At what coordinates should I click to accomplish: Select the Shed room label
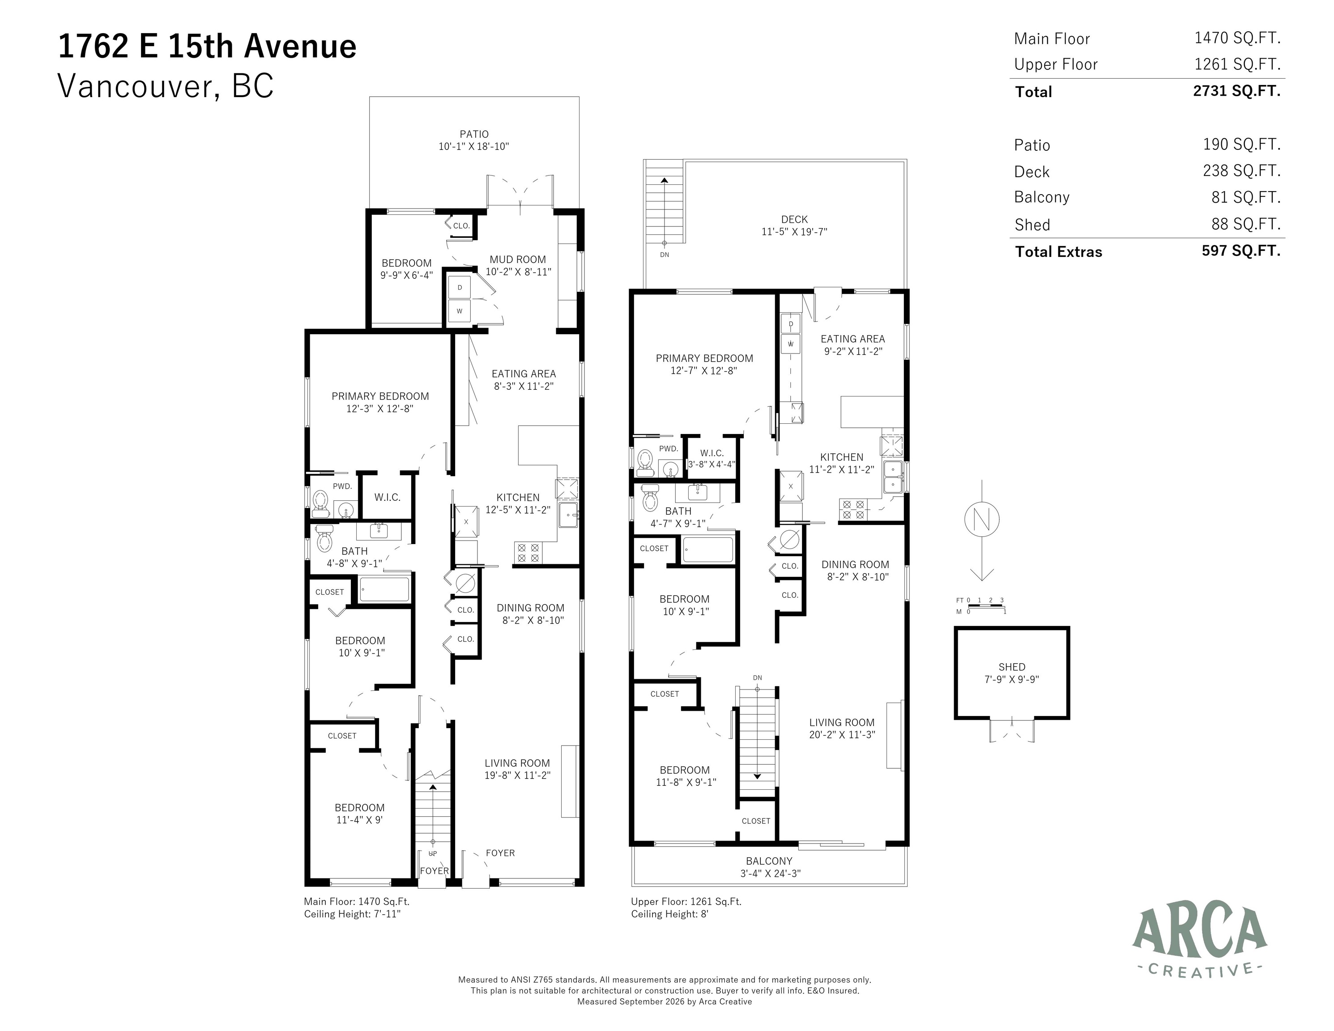[1011, 667]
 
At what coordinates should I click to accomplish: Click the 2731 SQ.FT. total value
[1236, 91]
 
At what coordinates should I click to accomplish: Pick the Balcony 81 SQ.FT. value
[1245, 197]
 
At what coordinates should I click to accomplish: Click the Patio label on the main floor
[474, 134]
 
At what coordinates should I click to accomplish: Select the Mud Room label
[517, 260]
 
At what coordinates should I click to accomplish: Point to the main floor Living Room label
[517, 763]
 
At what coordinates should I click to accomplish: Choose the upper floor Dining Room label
[855, 564]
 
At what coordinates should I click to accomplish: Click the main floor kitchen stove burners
[528, 553]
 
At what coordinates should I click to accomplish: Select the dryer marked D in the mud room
[459, 288]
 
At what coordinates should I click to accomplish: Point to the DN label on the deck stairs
[665, 255]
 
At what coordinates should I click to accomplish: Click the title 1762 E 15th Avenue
[207, 47]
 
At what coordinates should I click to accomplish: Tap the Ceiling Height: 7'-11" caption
[353, 914]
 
